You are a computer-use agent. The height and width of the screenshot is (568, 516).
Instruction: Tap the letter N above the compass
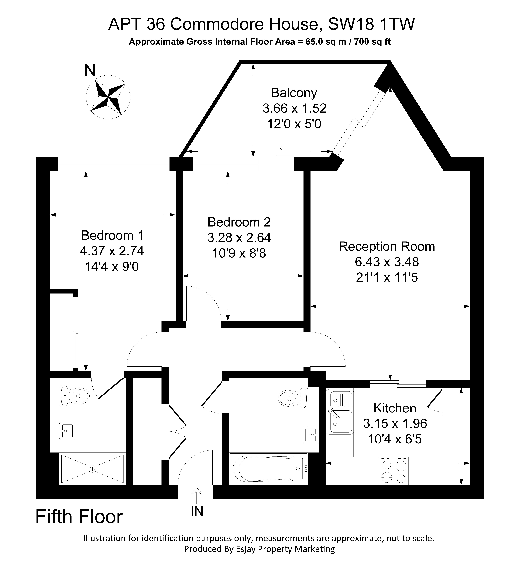tap(90, 71)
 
